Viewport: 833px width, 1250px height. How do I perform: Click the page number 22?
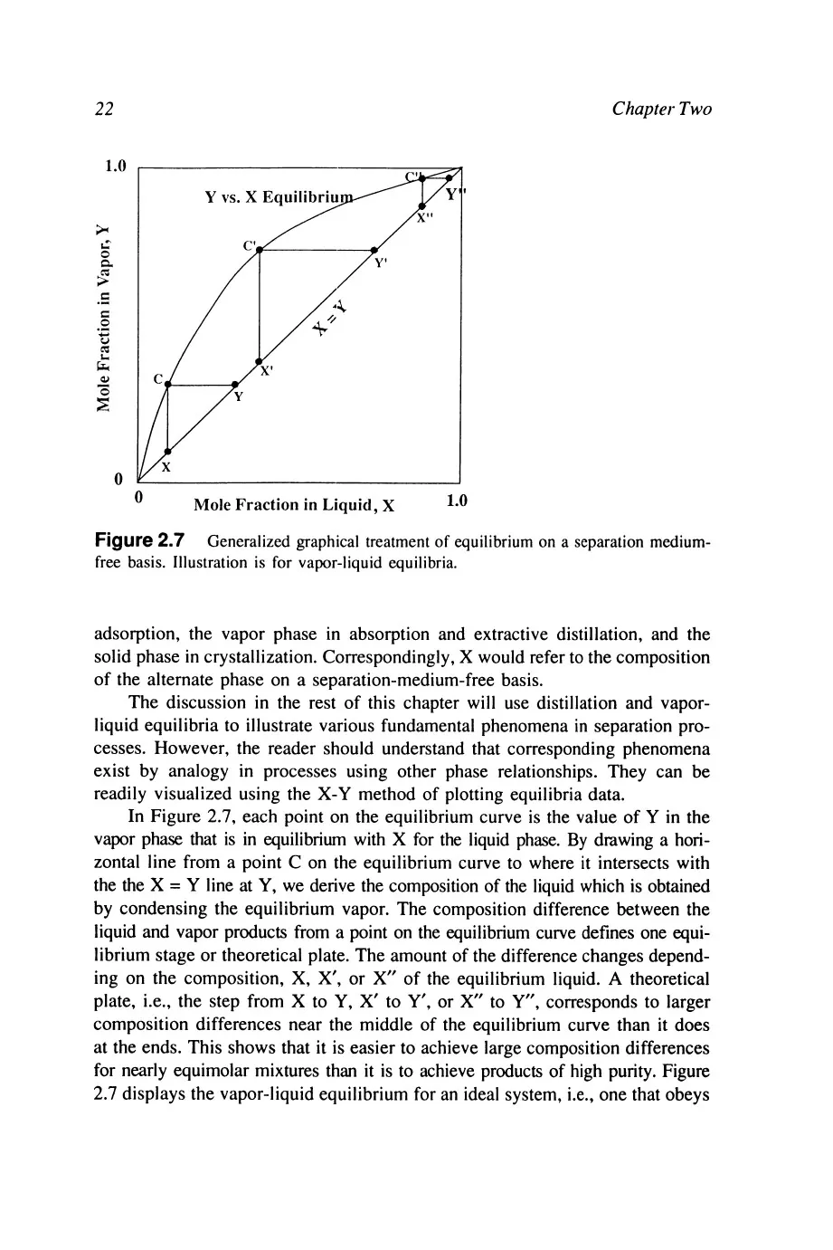click(104, 110)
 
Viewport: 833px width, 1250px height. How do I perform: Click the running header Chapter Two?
click(661, 110)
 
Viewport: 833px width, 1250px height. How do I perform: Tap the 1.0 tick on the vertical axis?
click(116, 167)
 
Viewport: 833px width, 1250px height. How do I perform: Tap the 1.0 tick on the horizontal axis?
click(456, 501)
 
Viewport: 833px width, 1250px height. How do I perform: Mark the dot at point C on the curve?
click(168, 384)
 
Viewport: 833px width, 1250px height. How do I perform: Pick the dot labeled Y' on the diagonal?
click(374, 250)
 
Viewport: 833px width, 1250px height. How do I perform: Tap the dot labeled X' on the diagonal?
click(260, 361)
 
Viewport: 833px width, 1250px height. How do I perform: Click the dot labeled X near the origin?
click(168, 451)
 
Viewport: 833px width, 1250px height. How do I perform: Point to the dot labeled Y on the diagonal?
click(235, 384)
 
